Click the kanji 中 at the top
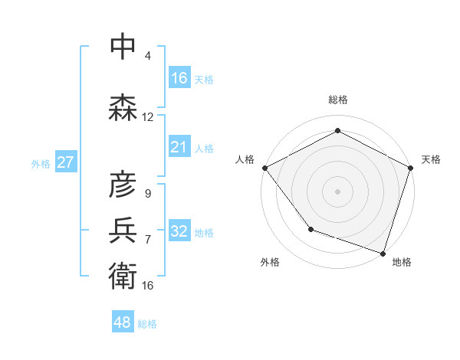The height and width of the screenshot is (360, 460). (123, 47)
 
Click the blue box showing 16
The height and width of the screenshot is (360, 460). (179, 78)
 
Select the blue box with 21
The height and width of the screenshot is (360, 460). (179, 147)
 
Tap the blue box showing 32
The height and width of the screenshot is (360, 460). (179, 231)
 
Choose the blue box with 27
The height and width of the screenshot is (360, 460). (65, 162)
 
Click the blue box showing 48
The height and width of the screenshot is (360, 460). (123, 322)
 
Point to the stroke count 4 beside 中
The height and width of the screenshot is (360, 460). (148, 56)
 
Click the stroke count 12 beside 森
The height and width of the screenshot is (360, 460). (148, 117)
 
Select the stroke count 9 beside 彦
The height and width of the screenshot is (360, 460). (148, 193)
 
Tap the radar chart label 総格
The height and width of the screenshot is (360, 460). (338, 100)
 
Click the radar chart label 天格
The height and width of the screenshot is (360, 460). (432, 159)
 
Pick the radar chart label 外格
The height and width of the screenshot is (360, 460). (270, 262)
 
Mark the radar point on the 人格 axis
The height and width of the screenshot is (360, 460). (264, 168)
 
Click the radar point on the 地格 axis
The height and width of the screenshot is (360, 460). (383, 252)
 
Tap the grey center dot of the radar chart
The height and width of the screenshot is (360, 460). (338, 191)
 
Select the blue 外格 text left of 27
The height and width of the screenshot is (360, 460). (41, 163)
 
